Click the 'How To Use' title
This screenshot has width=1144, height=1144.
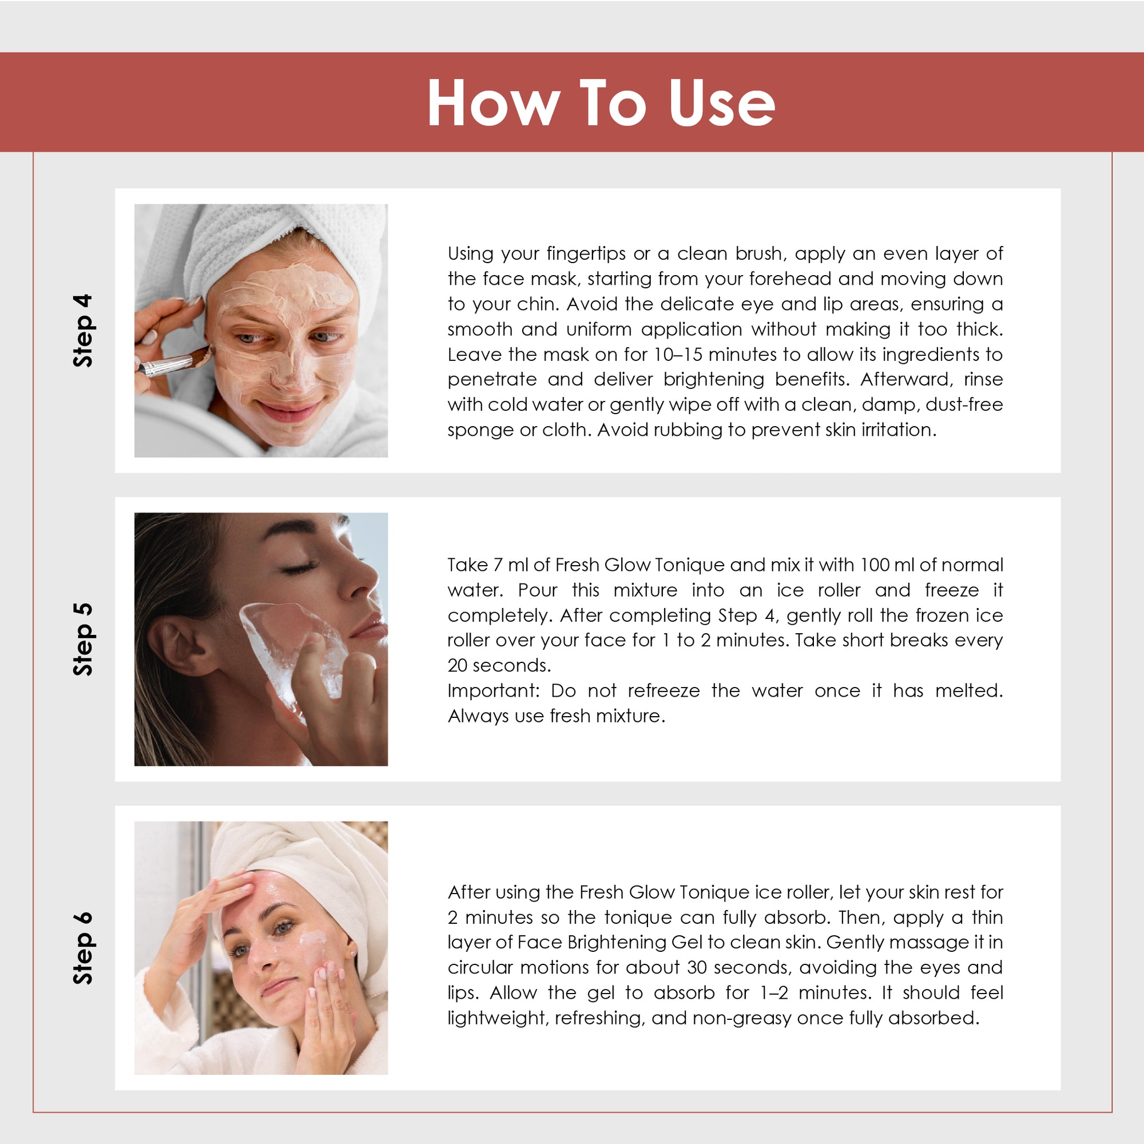[x=601, y=102]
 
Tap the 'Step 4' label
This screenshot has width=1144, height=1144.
[x=83, y=331]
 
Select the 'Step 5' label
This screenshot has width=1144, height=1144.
[x=83, y=639]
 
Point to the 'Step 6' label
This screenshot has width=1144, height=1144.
[x=83, y=948]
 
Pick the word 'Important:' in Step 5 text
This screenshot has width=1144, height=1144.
[x=494, y=691]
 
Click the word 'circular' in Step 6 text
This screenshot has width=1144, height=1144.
[x=478, y=968]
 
